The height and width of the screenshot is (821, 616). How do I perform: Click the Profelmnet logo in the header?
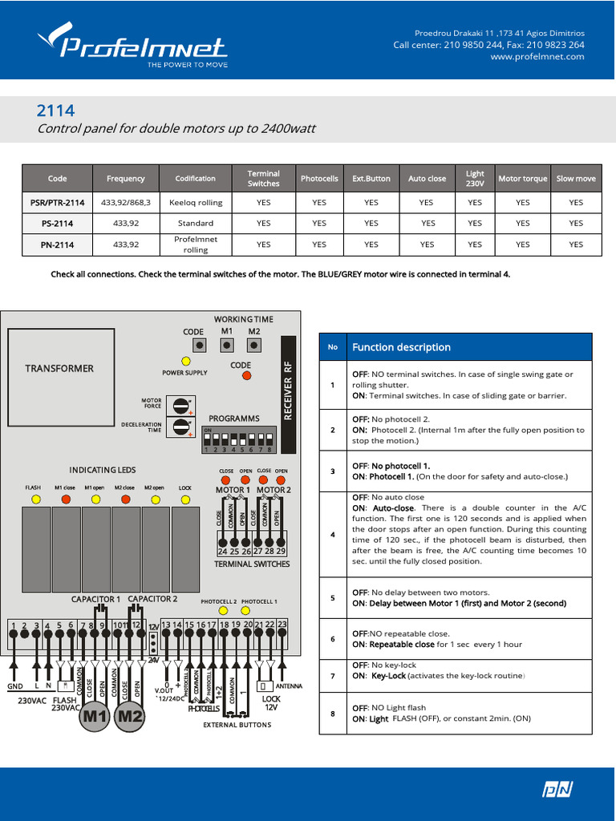132,44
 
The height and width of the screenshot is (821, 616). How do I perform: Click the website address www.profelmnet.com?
537,57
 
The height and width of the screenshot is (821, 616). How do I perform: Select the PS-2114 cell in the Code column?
57,223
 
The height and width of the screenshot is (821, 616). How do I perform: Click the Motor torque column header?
523,179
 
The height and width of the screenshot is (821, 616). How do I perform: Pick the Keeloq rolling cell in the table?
196,203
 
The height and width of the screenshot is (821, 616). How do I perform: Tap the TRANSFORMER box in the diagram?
59,368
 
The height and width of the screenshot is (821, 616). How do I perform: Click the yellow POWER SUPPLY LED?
186,361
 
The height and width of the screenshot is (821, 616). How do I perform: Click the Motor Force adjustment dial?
182,404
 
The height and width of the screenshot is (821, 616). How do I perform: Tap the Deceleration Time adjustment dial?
182,426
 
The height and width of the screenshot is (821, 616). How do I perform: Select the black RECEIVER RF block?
289,390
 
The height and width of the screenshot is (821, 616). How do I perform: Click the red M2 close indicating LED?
124,499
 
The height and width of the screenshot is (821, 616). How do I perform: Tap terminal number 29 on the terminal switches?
282,552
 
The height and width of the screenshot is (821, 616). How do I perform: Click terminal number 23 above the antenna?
282,624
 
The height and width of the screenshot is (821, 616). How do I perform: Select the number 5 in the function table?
332,598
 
